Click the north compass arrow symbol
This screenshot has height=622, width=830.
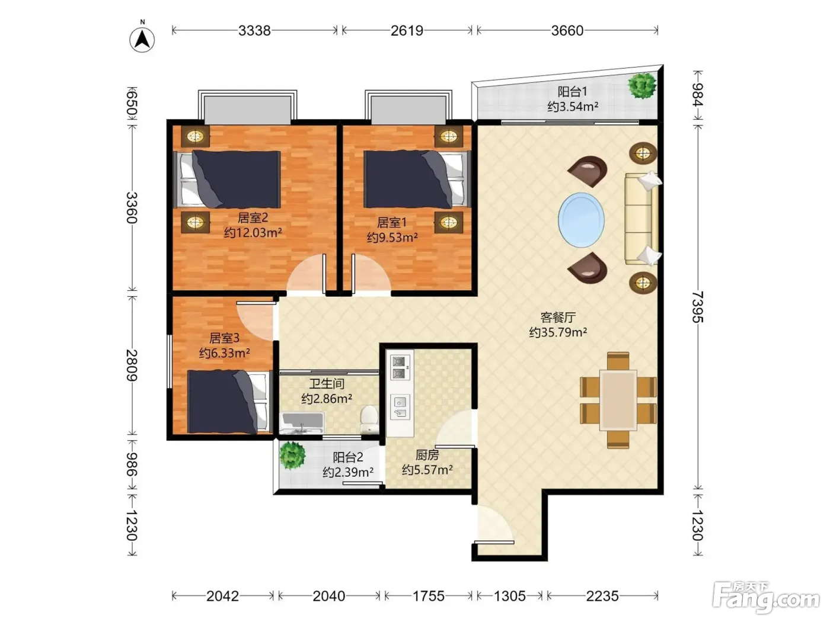coord(142,39)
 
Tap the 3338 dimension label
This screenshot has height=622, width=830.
coord(254,31)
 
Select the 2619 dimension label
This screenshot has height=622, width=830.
coord(407,31)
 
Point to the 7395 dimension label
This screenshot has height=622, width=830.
coord(698,307)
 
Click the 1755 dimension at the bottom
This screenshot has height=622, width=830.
coord(428,596)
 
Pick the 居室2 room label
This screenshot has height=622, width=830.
coord(253,217)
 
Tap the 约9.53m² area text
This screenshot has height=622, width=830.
coord(392,238)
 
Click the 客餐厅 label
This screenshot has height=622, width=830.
coord(558,318)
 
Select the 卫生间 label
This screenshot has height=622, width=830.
coord(327,384)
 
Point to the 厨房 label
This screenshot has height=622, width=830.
coord(427,455)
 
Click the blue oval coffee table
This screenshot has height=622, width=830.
coord(581,220)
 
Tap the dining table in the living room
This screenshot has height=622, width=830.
coord(618,400)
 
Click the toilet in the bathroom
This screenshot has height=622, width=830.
coord(369,419)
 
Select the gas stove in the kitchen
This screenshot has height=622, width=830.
coord(400,367)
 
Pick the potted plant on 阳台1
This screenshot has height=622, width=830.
coord(641,86)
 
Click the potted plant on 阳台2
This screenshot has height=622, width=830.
coord(292,456)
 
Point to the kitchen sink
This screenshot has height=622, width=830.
coord(400,407)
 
